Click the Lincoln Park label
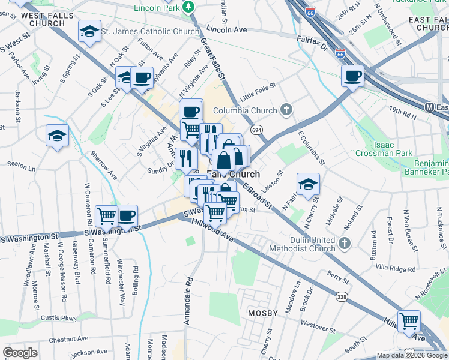click(158, 8)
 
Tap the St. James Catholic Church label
click(149, 31)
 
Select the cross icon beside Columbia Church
click(287, 110)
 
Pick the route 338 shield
click(342, 296)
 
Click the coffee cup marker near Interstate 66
click(352, 76)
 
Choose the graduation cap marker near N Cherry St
click(308, 184)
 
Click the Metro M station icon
click(429, 107)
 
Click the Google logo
click(20, 353)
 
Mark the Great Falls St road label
click(213, 59)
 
